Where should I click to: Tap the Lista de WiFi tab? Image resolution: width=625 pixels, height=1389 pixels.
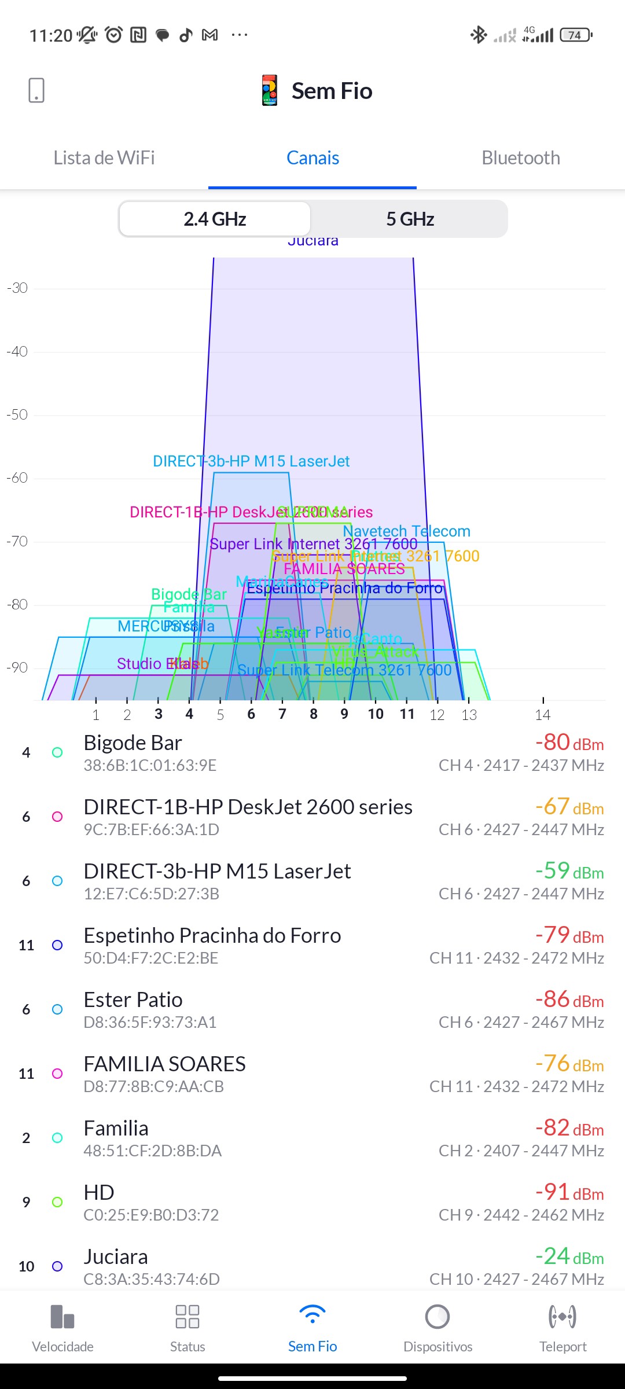coord(104,158)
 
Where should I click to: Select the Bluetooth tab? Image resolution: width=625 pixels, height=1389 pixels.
coord(521,158)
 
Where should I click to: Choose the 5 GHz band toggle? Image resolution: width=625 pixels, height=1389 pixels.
coord(410,219)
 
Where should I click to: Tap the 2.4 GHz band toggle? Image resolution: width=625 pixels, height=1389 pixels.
coord(215,219)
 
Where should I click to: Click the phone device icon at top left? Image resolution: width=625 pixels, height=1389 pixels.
coord(36,90)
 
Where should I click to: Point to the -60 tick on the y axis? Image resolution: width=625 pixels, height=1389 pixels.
coord(17,478)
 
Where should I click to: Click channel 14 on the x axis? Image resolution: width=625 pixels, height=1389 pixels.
coord(543,715)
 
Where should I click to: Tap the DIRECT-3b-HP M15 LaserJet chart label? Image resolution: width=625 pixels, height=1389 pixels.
coord(251,461)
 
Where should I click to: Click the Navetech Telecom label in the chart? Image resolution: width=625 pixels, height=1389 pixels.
coord(406,531)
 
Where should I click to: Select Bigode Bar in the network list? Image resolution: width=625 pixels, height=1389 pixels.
coord(133,743)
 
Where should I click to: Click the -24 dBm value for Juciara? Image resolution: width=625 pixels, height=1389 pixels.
coord(569,1256)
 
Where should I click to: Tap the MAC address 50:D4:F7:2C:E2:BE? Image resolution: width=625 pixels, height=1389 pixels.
coord(151,958)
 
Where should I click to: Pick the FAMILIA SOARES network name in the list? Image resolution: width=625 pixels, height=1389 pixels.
coord(165,1064)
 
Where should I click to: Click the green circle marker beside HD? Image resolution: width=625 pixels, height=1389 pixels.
coord(57,1202)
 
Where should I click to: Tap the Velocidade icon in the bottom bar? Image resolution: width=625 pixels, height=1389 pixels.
coord(62,1317)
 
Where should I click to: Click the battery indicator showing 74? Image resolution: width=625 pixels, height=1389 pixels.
coord(576,35)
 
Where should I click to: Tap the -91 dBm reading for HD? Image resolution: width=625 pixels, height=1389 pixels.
coord(569,1192)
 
